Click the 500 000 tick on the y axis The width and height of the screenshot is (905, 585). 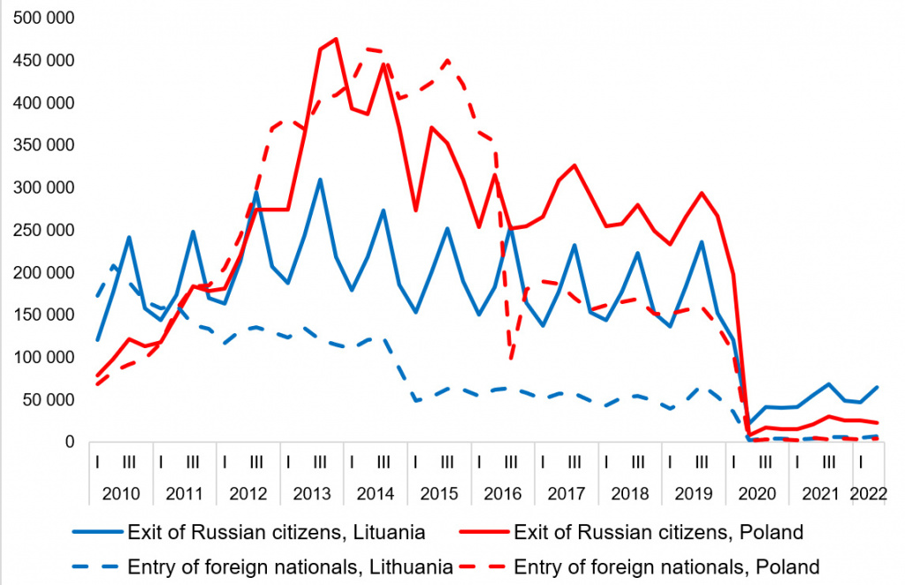pyautogui.click(x=43, y=19)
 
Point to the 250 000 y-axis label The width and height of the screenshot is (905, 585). pyautogui.click(x=43, y=231)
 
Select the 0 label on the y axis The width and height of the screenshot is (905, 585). pyautogui.click(x=71, y=442)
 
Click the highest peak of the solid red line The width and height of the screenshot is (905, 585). pyautogui.click(x=336, y=38)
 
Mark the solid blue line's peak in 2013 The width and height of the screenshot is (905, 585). pyautogui.click(x=320, y=179)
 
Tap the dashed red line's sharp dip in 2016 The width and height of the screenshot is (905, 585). pyautogui.click(x=511, y=358)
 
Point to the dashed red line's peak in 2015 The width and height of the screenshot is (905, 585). pyautogui.click(x=447, y=60)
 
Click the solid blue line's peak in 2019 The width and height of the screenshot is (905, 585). pyautogui.click(x=702, y=241)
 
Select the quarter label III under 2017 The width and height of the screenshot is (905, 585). pyautogui.click(x=574, y=460)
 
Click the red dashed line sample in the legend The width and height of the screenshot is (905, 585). pyautogui.click(x=483, y=566)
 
